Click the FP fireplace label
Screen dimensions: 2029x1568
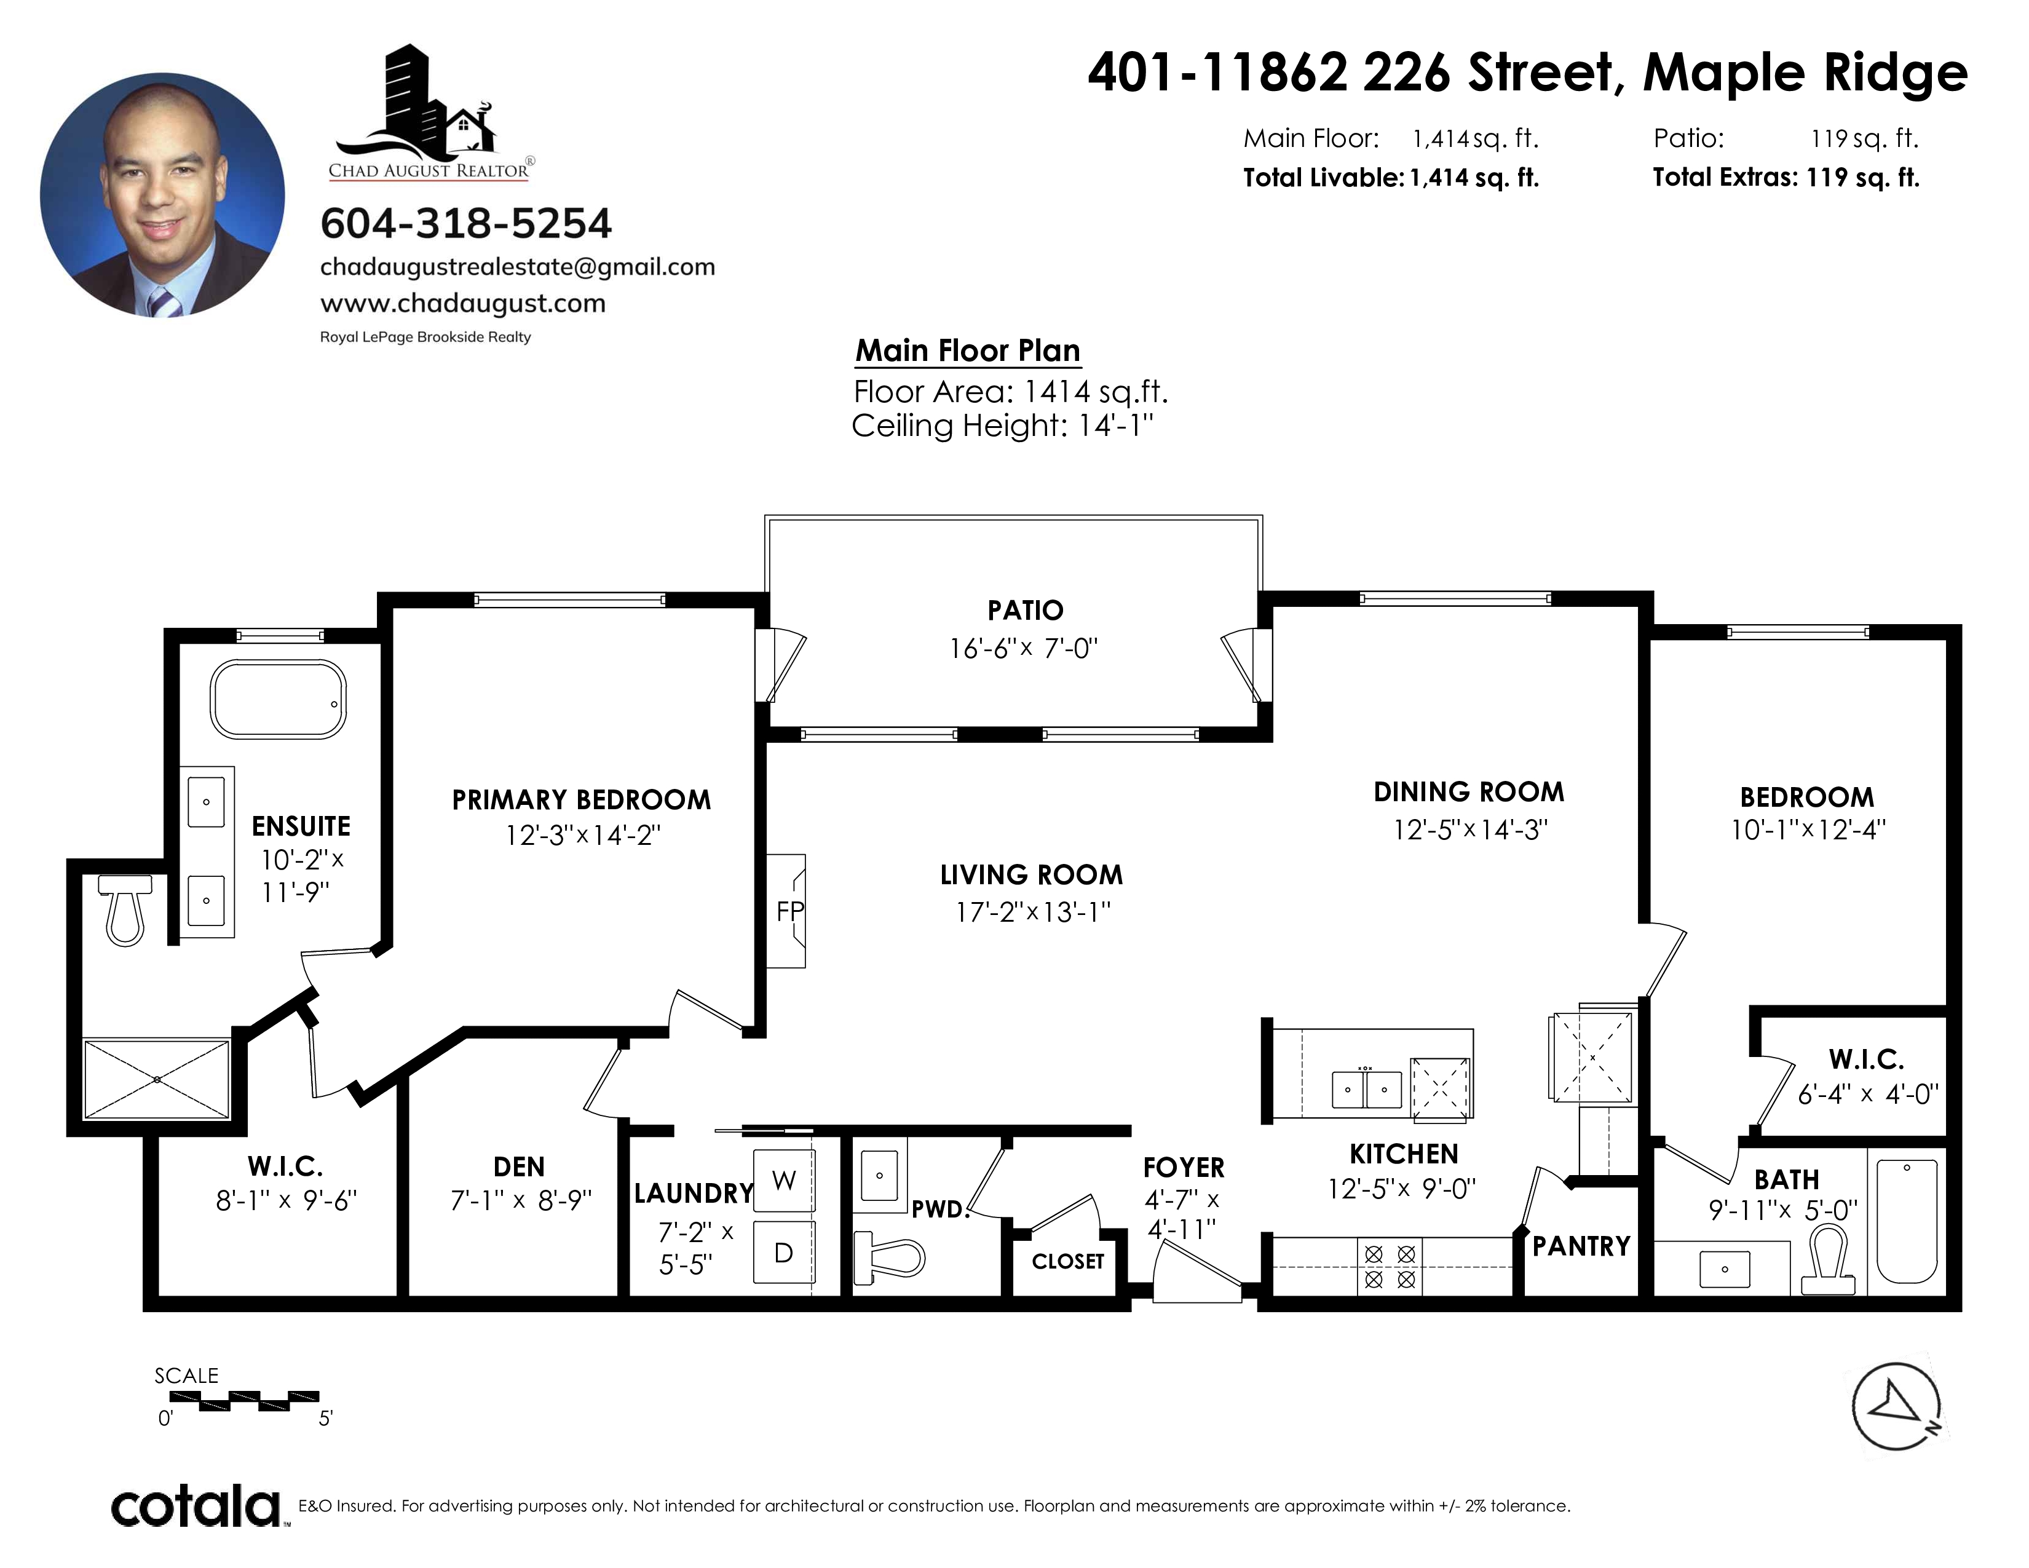click(789, 911)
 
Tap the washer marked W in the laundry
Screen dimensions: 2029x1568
click(784, 1180)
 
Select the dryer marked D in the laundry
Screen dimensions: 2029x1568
click(784, 1252)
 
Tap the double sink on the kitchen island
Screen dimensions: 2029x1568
click(1366, 1088)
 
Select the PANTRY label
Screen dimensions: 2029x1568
click(1581, 1246)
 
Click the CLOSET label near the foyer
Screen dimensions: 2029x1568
click(1067, 1261)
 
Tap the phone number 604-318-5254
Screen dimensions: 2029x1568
click(467, 223)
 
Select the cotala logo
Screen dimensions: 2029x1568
click(197, 1506)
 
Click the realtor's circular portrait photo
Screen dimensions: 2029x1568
click(162, 195)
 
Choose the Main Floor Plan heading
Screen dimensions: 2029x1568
click(968, 351)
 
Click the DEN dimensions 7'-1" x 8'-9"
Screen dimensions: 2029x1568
click(520, 1200)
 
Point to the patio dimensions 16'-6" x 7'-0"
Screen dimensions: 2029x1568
click(1024, 647)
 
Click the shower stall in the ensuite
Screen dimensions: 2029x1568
click(157, 1079)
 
